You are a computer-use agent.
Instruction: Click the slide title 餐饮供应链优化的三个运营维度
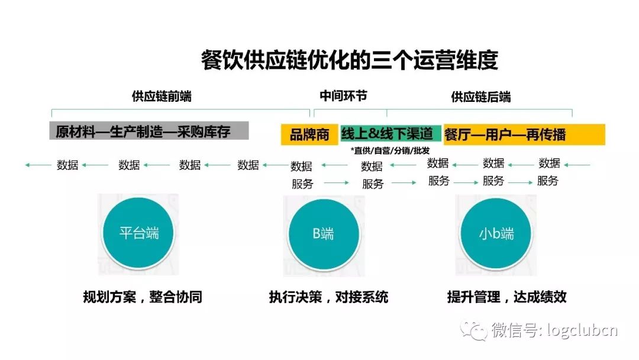click(349, 60)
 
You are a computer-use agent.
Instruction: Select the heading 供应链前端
click(162, 97)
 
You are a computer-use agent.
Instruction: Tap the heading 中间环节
click(343, 96)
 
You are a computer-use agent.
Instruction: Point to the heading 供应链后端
click(480, 97)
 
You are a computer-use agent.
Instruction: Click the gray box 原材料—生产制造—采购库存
click(149, 131)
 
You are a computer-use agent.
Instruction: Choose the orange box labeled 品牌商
click(309, 134)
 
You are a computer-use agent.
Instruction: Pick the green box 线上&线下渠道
click(390, 133)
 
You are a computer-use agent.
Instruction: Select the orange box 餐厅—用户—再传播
click(524, 134)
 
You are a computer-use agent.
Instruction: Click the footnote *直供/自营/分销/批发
click(390, 150)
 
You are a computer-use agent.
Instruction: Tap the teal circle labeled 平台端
click(138, 233)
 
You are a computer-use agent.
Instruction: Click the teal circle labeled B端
click(324, 234)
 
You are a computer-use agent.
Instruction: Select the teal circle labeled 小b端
click(496, 234)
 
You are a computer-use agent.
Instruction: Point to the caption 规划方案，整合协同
click(143, 297)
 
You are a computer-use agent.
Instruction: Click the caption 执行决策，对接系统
click(328, 297)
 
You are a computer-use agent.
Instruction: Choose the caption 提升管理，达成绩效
click(506, 297)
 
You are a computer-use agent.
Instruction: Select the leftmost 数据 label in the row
click(67, 165)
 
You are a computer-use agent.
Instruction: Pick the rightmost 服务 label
click(547, 181)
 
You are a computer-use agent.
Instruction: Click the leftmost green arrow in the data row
click(38, 165)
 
